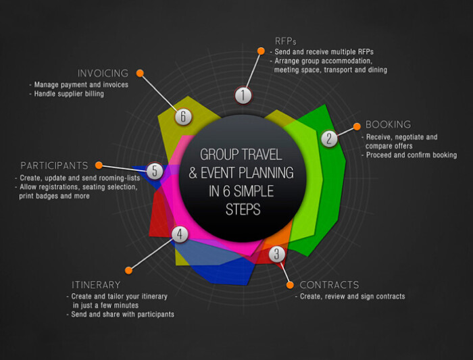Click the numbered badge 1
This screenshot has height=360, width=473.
click(243, 95)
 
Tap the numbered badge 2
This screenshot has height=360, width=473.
click(329, 138)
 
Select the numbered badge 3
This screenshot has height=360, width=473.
click(276, 254)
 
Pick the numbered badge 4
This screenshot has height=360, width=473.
click(180, 234)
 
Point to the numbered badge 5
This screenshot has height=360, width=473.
click(155, 171)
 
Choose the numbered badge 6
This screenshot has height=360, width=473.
click(183, 116)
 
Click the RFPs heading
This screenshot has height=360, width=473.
click(285, 41)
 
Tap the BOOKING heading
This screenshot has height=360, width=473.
click(389, 124)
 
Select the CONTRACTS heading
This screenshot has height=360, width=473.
click(330, 284)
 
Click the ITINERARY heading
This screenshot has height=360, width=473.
click(96, 284)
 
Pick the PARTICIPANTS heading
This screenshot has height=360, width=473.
click(54, 165)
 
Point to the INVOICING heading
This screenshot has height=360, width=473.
click(103, 73)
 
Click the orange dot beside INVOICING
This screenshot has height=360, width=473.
click(140, 73)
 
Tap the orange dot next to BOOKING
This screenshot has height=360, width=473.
click(357, 126)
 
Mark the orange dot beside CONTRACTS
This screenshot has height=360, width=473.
click(290, 285)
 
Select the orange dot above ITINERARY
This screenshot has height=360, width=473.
click(128, 270)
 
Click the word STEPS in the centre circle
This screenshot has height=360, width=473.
click(243, 209)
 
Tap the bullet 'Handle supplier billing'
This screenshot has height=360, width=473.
click(67, 94)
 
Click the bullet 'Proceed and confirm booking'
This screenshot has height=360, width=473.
click(409, 155)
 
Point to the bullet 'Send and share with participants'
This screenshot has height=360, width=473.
click(120, 314)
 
